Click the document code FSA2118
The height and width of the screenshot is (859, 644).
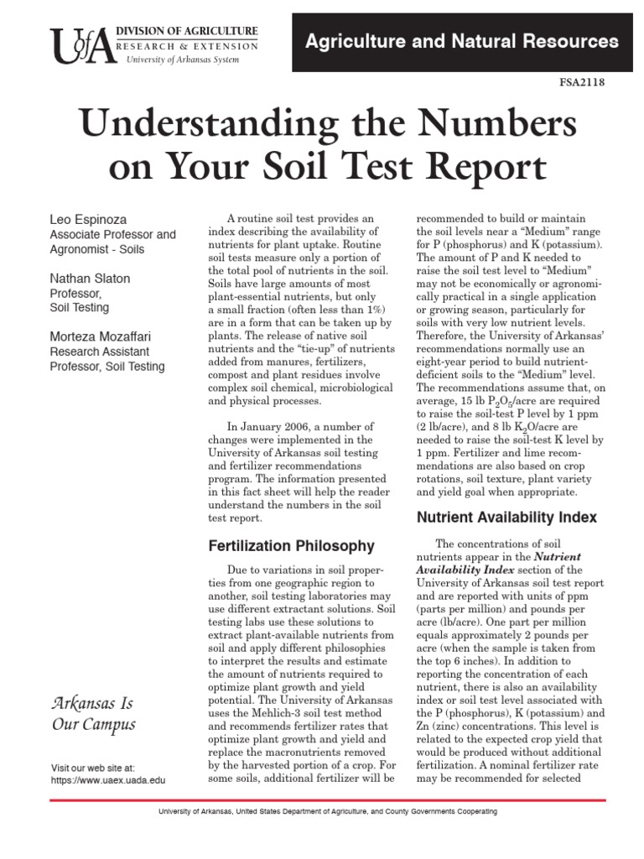click(581, 82)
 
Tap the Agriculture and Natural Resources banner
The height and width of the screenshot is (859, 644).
click(461, 40)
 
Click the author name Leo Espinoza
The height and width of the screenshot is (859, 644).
click(89, 220)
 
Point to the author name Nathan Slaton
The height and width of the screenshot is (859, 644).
click(91, 279)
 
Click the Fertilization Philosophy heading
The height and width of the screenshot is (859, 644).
click(291, 546)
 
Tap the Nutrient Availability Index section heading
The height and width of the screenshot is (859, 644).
click(506, 518)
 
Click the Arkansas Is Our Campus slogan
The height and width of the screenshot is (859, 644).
click(93, 713)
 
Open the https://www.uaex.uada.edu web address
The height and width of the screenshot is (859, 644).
click(108, 780)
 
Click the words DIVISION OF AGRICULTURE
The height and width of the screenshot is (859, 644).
click(193, 32)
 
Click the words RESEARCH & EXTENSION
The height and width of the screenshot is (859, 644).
click(192, 45)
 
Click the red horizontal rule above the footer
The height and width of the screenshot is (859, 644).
click(322, 800)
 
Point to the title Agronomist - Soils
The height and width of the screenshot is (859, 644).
click(97, 249)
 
